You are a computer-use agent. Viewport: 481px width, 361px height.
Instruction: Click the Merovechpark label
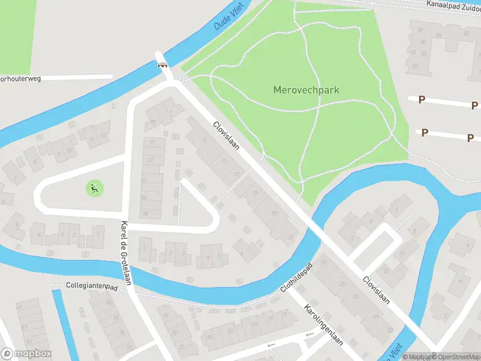click(306, 90)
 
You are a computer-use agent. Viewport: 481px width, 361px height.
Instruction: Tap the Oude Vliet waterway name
click(227, 18)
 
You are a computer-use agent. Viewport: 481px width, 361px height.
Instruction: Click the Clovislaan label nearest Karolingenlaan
click(376, 289)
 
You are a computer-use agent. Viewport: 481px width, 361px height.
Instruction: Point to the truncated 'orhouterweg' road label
click(20, 78)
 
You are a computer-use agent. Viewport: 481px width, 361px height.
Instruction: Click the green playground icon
click(94, 188)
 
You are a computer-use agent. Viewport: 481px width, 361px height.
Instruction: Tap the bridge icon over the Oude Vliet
click(162, 65)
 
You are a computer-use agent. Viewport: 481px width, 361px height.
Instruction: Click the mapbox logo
click(26, 354)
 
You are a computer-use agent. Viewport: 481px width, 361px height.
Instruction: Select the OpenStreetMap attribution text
click(456, 357)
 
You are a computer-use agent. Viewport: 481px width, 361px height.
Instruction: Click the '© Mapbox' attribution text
click(417, 357)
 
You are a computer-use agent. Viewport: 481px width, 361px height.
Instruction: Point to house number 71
click(152, 142)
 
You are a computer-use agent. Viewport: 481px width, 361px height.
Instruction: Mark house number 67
click(150, 160)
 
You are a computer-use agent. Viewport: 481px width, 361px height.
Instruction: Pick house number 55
click(145, 214)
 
